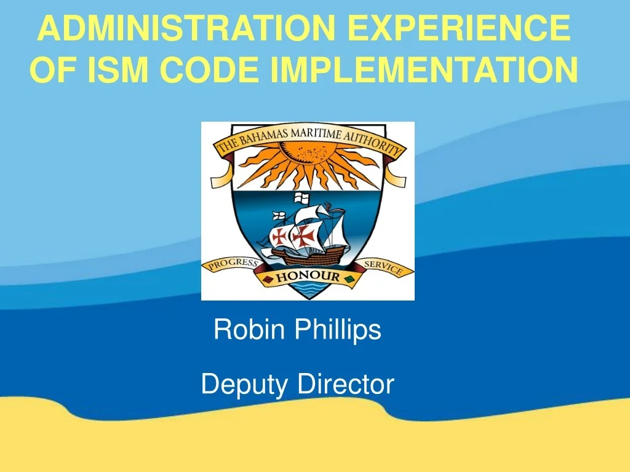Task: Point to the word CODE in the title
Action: (210, 70)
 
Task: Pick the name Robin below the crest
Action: (249, 330)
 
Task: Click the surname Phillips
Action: (337, 330)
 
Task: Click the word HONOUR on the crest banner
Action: (307, 277)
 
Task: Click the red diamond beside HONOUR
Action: (268, 281)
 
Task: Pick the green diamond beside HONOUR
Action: (349, 280)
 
